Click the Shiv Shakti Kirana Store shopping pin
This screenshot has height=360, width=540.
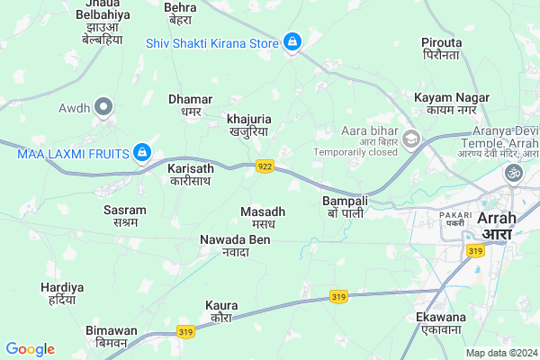(x=292, y=41)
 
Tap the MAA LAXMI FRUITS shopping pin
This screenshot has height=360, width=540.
(x=141, y=153)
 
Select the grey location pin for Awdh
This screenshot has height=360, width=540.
(x=104, y=109)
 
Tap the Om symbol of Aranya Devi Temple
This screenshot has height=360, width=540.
(x=514, y=172)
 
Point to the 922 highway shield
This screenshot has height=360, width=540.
(x=265, y=166)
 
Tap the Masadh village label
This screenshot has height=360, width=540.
(x=263, y=217)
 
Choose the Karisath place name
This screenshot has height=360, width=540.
(x=191, y=174)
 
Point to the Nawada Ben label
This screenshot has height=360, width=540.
(x=234, y=245)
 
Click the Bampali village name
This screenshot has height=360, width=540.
(x=346, y=207)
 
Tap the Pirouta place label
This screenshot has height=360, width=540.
(x=441, y=49)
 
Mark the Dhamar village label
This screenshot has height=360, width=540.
(x=190, y=104)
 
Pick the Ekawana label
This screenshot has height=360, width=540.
(x=440, y=323)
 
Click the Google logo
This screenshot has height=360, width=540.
(x=30, y=349)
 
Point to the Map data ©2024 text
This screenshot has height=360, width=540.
(x=499, y=353)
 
